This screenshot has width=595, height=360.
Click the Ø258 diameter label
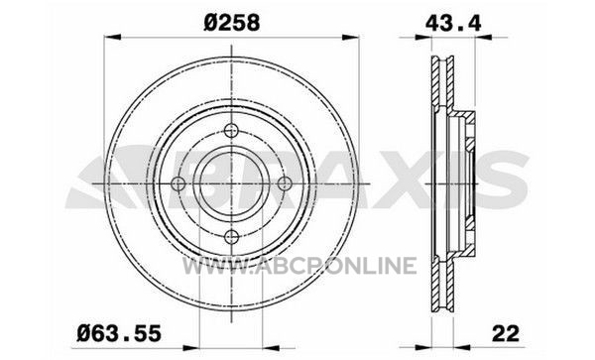pos(231,23)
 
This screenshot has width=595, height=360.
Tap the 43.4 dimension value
pos(453,23)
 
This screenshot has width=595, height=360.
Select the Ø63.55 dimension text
pos(119,334)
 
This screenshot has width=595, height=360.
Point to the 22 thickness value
pos(506,334)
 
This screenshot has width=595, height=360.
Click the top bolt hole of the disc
pos(231,131)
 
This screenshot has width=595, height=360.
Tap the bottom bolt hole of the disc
pos(231,237)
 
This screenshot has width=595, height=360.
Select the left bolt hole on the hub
pos(178,184)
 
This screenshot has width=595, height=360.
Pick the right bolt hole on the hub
pos(285,184)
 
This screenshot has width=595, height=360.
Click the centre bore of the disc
pos(231,184)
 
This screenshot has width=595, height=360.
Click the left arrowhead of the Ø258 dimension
pos(112,37)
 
